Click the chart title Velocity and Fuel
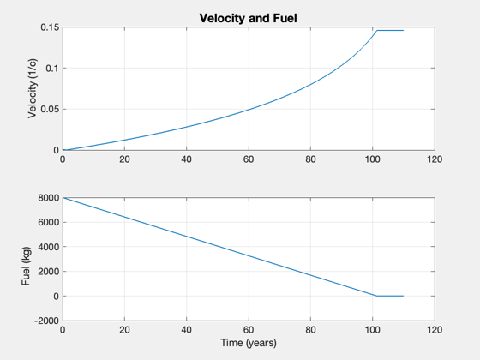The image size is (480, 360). [x=248, y=18]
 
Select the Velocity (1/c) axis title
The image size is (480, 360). [x=33, y=88]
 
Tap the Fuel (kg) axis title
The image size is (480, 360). [x=26, y=266]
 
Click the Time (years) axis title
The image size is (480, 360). [x=249, y=343]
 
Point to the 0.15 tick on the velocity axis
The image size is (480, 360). [x=50, y=27]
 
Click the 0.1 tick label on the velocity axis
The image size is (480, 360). [x=52, y=69]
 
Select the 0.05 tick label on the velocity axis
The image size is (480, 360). [x=50, y=110]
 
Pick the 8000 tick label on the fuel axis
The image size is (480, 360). [x=48, y=198]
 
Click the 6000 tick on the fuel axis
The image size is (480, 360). [x=48, y=223]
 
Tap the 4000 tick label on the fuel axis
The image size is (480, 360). [x=48, y=247]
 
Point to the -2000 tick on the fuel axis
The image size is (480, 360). [x=47, y=321]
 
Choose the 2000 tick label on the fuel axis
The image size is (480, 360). [x=48, y=272]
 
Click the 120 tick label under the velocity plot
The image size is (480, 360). [x=435, y=159]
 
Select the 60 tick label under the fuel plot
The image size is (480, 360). [x=249, y=330]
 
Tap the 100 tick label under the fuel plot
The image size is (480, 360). [x=373, y=330]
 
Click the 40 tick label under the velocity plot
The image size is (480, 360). [x=187, y=159]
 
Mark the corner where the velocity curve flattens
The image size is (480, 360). [x=377, y=31]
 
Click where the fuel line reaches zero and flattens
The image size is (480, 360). [x=376, y=296]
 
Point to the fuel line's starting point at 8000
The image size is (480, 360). [x=63, y=198]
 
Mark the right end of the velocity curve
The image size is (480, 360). [x=403, y=31]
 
